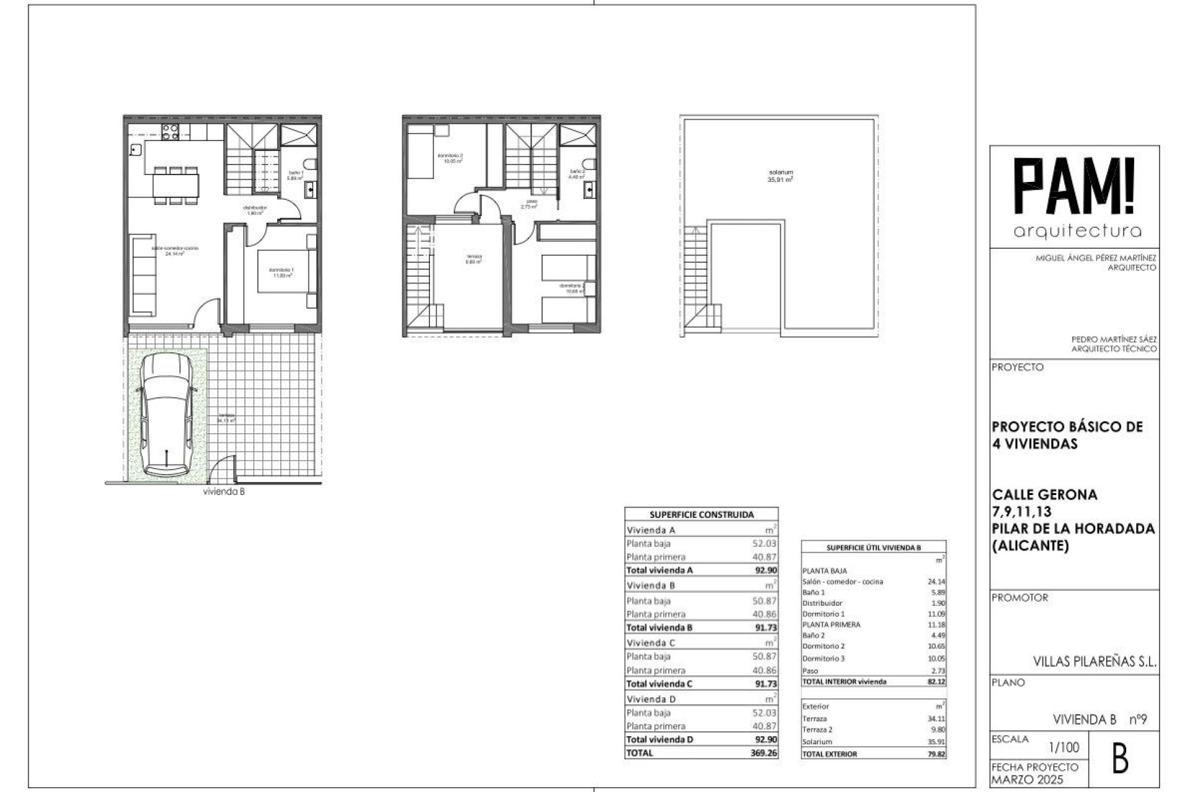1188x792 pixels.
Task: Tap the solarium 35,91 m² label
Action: click(x=781, y=176)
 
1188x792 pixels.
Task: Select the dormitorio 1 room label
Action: click(x=282, y=272)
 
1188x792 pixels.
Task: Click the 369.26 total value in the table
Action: click(x=765, y=753)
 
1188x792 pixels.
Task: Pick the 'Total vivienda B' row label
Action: click(x=660, y=627)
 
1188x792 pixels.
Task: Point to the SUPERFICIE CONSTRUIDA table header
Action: click(x=702, y=514)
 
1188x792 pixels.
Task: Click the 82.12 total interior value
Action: click(x=936, y=681)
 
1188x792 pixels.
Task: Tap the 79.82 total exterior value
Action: click(x=936, y=754)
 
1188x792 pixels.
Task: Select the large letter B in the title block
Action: click(x=1120, y=760)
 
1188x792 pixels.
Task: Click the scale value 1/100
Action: click(x=1065, y=748)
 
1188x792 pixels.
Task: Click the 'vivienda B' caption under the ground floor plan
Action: click(x=224, y=493)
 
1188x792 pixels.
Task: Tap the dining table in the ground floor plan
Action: click(x=176, y=184)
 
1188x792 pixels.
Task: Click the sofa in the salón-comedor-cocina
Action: click(x=145, y=273)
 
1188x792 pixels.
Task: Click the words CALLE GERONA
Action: click(x=1044, y=494)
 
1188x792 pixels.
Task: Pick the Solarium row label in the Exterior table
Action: click(x=817, y=741)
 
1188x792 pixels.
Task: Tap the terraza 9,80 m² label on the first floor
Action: click(x=474, y=259)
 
